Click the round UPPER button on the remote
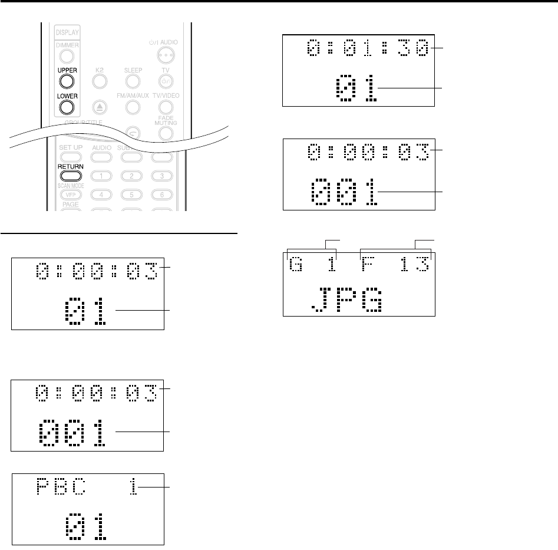point(67,81)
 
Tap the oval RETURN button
point(70,175)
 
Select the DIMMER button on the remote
point(67,56)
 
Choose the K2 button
point(100,81)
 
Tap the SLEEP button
point(133,81)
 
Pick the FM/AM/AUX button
point(133,107)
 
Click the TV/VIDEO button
point(166,107)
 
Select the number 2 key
point(133,175)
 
